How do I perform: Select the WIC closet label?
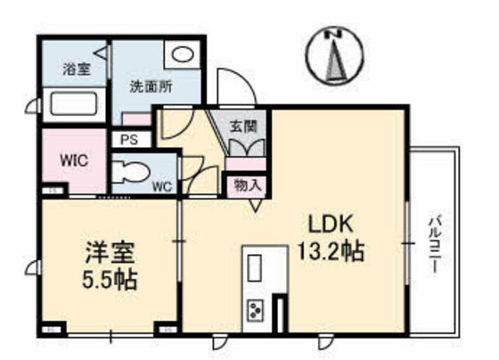point(74,161)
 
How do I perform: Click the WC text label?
point(161,187)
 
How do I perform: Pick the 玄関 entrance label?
point(243,127)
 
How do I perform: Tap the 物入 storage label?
point(246,185)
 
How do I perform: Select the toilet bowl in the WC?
point(133,170)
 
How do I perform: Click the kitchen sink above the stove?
point(254,267)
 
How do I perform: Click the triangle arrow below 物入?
point(256,204)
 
